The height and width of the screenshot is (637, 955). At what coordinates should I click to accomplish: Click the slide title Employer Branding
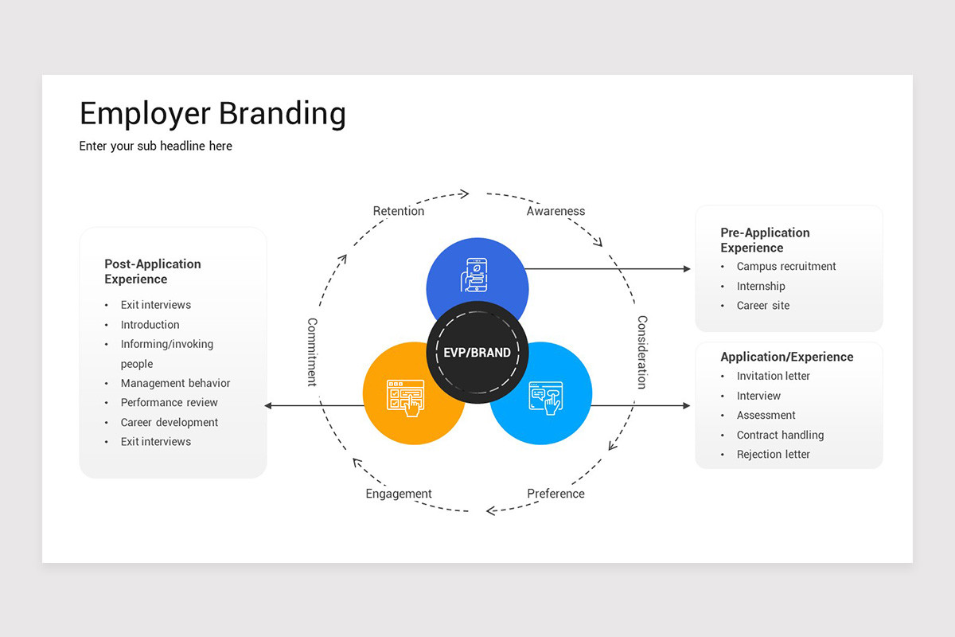pyautogui.click(x=212, y=114)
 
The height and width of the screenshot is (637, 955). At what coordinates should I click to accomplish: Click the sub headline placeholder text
pyautogui.click(x=156, y=147)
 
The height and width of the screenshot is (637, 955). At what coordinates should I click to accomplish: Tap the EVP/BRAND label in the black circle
pyautogui.click(x=477, y=353)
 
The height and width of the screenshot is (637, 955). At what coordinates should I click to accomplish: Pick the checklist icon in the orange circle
pyautogui.click(x=405, y=397)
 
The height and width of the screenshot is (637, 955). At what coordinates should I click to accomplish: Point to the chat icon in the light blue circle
pyautogui.click(x=546, y=397)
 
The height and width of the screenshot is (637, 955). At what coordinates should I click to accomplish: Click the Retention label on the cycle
pyautogui.click(x=399, y=211)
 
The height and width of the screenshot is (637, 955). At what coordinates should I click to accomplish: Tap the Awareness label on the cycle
pyautogui.click(x=555, y=211)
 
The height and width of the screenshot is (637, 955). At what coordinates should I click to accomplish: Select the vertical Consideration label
pyautogui.click(x=642, y=352)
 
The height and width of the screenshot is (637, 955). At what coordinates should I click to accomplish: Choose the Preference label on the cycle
pyautogui.click(x=555, y=494)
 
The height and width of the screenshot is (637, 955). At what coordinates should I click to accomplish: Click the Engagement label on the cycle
pyautogui.click(x=399, y=494)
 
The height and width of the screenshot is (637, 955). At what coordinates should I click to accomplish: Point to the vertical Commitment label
pyautogui.click(x=312, y=352)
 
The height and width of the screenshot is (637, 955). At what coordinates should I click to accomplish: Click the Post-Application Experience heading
pyautogui.click(x=153, y=272)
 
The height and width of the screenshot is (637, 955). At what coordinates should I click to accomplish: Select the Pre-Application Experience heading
pyautogui.click(x=765, y=240)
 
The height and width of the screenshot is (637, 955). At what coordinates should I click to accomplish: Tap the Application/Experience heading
pyautogui.click(x=786, y=357)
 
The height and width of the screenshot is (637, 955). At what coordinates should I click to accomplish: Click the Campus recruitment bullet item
pyautogui.click(x=786, y=267)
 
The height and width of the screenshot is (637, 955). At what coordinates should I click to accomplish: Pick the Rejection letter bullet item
pyautogui.click(x=773, y=455)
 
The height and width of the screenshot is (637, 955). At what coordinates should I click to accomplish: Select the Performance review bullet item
pyautogui.click(x=169, y=403)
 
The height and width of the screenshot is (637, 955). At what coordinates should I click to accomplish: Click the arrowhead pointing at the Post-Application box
pyautogui.click(x=269, y=406)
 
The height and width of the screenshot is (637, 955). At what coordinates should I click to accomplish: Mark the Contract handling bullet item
pyautogui.click(x=780, y=435)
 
